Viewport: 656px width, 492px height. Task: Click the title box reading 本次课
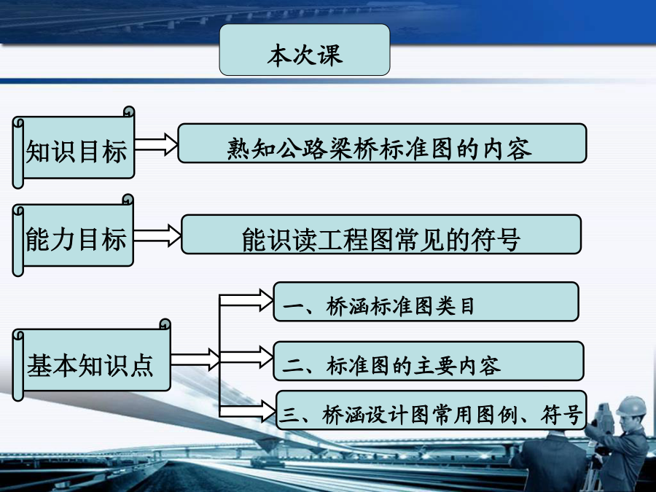click(305, 50)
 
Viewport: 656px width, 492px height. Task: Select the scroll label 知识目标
click(74, 147)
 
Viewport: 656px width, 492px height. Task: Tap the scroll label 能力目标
click(73, 235)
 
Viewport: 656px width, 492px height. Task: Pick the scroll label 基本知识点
click(92, 360)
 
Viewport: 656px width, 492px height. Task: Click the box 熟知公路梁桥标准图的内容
click(382, 143)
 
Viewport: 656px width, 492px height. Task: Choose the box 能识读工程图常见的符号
click(381, 234)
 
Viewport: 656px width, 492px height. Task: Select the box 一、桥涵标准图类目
click(426, 302)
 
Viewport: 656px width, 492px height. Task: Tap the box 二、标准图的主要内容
click(429, 361)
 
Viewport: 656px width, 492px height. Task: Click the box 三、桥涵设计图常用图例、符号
click(432, 410)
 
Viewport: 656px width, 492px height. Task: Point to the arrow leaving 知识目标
click(157, 145)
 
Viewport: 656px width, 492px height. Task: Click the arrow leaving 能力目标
click(157, 235)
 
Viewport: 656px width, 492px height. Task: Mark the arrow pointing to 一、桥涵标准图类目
click(246, 300)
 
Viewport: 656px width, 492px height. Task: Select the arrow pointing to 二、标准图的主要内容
click(246, 357)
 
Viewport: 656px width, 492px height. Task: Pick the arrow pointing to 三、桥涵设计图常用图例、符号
click(248, 410)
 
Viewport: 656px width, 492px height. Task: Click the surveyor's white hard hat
click(631, 406)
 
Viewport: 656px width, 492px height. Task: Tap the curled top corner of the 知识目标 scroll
click(129, 112)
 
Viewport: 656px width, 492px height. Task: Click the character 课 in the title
click(331, 55)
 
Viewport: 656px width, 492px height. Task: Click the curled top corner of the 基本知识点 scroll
click(165, 324)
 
